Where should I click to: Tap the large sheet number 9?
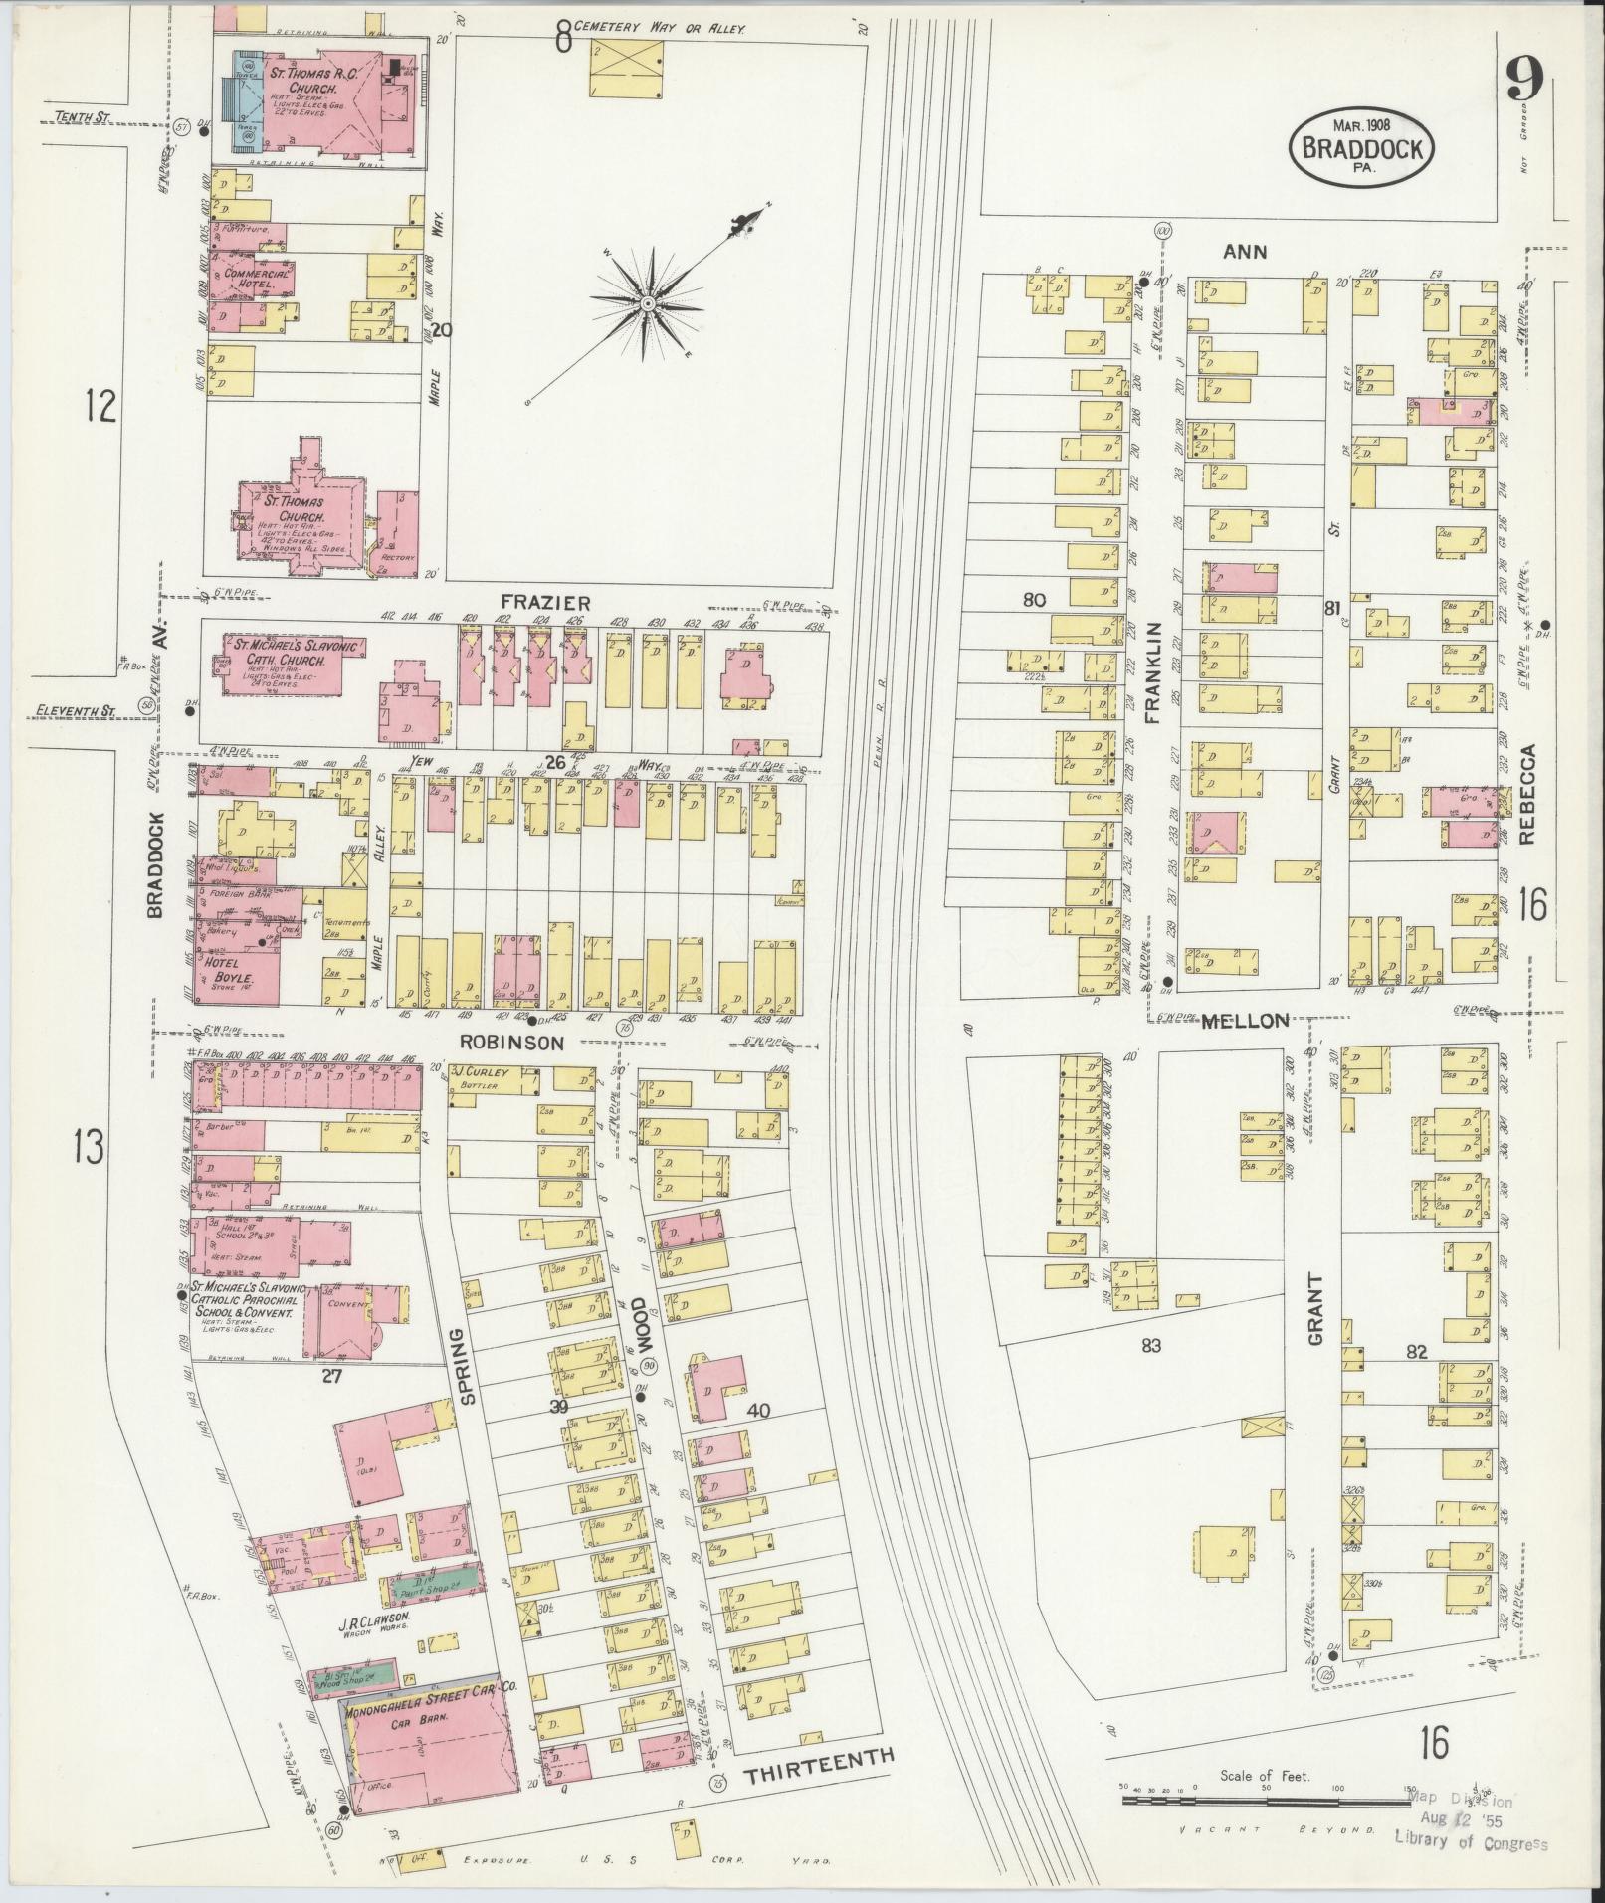[x=1523, y=79]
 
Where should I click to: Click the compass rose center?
[x=647, y=302]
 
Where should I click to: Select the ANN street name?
[x=1245, y=252]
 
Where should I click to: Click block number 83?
[x=1151, y=1346]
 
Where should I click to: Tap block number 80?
[x=1035, y=600]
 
